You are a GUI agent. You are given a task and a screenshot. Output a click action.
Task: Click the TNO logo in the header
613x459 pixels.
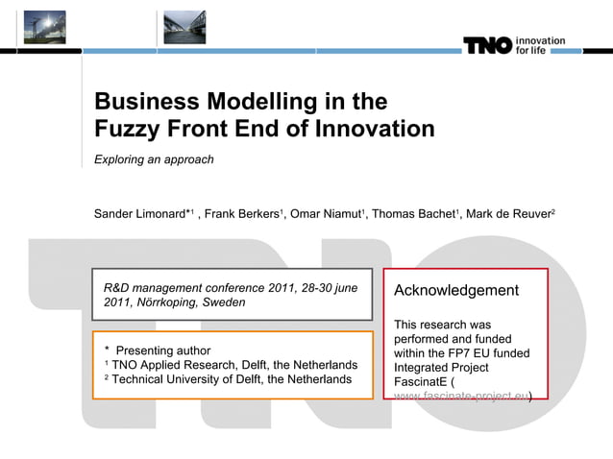488,45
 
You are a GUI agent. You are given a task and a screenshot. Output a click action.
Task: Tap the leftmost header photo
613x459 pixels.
44,27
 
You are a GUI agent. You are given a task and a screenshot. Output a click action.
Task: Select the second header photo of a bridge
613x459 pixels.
184,27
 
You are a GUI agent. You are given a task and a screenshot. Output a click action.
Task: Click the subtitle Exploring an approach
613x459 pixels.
153,158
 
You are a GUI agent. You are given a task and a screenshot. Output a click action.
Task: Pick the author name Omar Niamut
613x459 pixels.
325,212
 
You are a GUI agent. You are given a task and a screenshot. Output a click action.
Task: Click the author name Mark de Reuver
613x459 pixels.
510,212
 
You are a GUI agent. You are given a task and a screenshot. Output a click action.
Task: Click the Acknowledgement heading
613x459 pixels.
456,291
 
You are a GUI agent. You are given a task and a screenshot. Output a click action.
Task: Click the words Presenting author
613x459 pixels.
162,350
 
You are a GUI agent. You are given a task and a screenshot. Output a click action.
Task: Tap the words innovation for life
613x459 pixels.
541,45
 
